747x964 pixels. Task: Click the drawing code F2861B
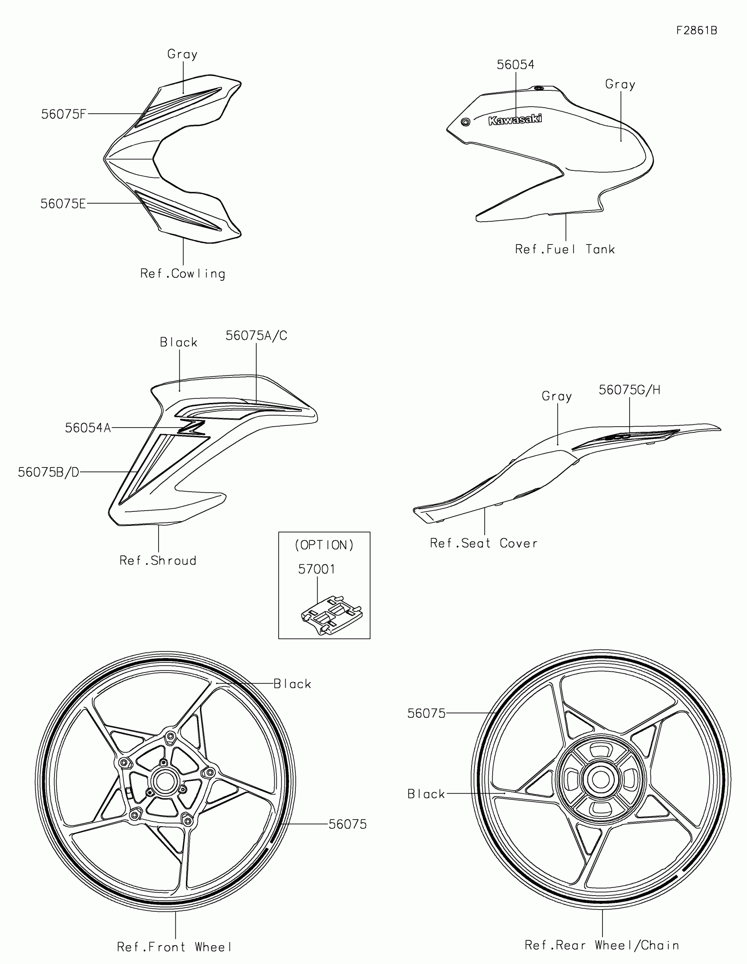pyautogui.click(x=696, y=30)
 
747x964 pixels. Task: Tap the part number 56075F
pyautogui.click(x=63, y=114)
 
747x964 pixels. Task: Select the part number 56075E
pyautogui.click(x=63, y=204)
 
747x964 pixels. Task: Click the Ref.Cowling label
pyautogui.click(x=182, y=273)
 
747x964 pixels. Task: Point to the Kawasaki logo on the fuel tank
pyautogui.click(x=515, y=119)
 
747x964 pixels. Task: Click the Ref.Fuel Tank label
pyautogui.click(x=565, y=249)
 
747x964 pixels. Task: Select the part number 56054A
pyautogui.click(x=87, y=428)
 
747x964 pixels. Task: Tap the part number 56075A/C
pyautogui.click(x=256, y=336)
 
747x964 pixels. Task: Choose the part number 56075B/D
pyautogui.click(x=48, y=472)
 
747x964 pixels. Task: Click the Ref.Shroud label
pyautogui.click(x=158, y=561)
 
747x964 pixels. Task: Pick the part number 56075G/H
pyautogui.click(x=629, y=390)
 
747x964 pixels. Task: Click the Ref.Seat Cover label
pyautogui.click(x=484, y=543)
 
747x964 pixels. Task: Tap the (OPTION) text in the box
pyautogui.click(x=324, y=545)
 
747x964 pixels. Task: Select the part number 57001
pyautogui.click(x=316, y=569)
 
